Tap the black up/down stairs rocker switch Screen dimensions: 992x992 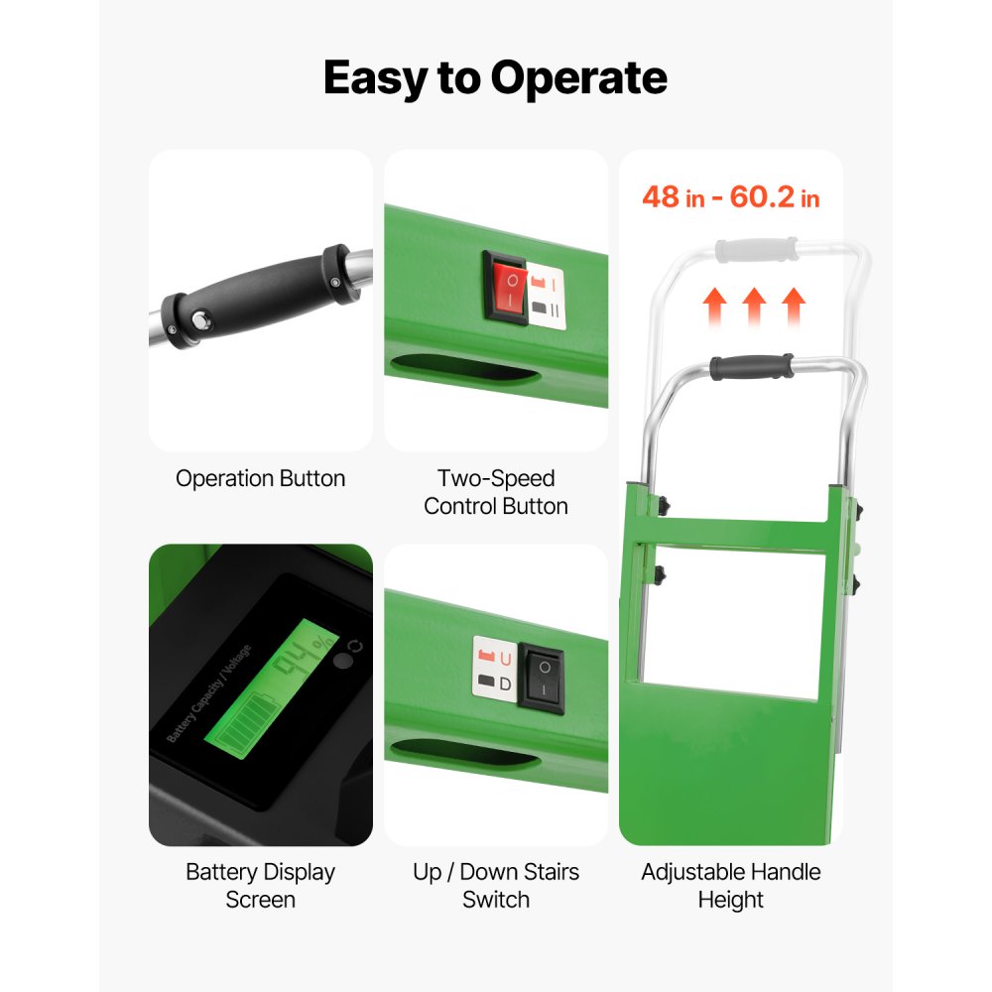coord(542,680)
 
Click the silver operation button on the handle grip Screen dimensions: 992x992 coord(201,319)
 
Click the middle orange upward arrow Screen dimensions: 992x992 coord(754,307)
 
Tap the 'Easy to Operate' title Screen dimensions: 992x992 coord(495,78)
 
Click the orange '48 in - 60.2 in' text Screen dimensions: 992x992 coord(731,196)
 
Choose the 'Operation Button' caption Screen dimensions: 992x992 coord(261,478)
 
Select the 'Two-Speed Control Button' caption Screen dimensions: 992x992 coord(496,492)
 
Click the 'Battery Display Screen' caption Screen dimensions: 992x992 coord(261,886)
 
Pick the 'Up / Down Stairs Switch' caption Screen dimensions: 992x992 coord(496,886)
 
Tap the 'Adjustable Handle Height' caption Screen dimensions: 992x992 coord(731,886)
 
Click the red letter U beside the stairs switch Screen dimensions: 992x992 coord(506,660)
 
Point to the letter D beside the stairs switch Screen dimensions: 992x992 coord(505,683)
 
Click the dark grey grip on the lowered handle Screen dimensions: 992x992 coord(752,367)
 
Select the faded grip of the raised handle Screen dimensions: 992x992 coord(756,249)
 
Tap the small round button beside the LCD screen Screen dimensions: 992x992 coord(343,662)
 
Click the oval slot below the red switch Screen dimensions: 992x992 coord(465,368)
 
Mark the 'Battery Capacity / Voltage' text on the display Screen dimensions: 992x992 coord(208,693)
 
